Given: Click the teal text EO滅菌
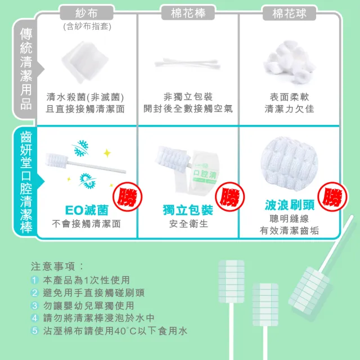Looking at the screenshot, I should (85, 210).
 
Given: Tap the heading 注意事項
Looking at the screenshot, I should (57, 265).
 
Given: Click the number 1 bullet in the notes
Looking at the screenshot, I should (35, 280).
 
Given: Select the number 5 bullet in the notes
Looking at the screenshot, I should (35, 331).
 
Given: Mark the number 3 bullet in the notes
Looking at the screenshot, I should (35, 305).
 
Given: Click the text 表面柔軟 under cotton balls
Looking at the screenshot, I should (289, 97).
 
